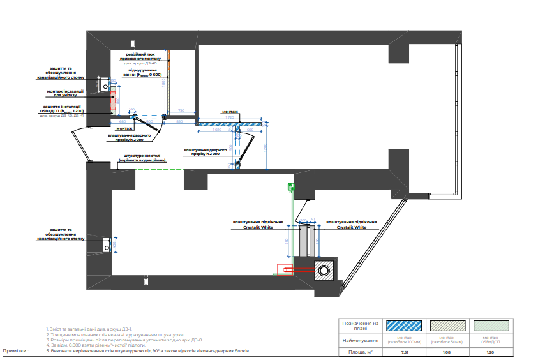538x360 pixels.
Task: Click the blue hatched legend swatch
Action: tap(405, 326)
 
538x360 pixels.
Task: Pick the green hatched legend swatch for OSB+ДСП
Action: tap(490, 326)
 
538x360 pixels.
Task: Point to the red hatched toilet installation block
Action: tap(113, 101)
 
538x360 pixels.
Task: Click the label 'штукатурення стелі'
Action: tap(138, 157)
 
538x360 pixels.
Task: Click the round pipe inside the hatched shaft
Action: tap(325, 271)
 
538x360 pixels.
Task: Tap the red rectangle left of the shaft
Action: tap(284, 269)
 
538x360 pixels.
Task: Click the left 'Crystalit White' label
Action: tap(258, 225)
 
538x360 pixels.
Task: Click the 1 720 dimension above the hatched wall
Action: tap(230, 117)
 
